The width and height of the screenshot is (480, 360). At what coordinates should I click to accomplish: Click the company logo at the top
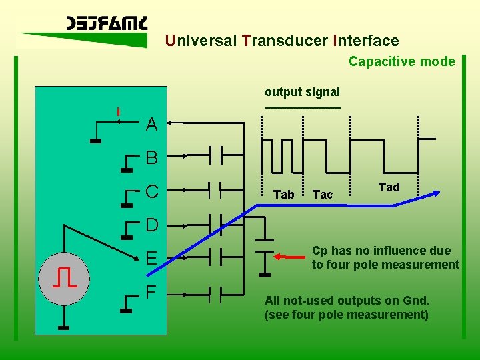pyautogui.click(x=107, y=25)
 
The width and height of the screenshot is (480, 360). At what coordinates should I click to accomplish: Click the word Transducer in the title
pyautogui.click(x=285, y=41)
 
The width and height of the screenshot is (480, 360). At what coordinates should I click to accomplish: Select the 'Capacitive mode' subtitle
pyautogui.click(x=401, y=61)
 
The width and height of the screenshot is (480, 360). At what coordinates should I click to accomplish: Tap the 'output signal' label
pyautogui.click(x=302, y=92)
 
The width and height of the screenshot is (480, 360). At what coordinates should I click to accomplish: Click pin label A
pyautogui.click(x=151, y=125)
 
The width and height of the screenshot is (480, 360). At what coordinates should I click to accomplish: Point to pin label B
pyautogui.click(x=151, y=158)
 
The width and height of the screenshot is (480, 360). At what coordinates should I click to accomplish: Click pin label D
pyautogui.click(x=151, y=225)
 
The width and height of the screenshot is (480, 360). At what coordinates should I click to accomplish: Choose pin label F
pyautogui.click(x=151, y=292)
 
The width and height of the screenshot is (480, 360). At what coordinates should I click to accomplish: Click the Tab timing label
pyautogui.click(x=283, y=195)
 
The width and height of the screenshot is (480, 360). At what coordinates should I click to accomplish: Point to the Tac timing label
pyautogui.click(x=323, y=195)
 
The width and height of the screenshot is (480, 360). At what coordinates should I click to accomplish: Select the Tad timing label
pyautogui.click(x=389, y=187)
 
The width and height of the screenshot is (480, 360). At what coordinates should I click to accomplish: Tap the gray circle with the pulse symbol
pyautogui.click(x=63, y=277)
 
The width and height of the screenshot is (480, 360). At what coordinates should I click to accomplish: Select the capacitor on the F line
pyautogui.click(x=215, y=292)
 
